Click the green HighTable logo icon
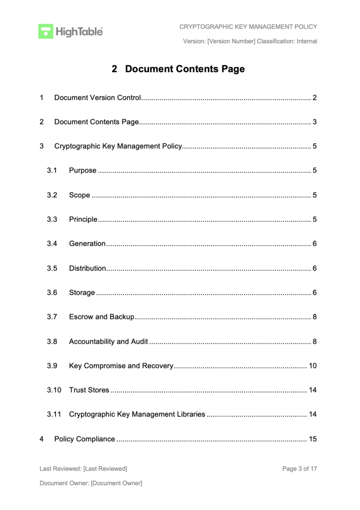click(45, 31)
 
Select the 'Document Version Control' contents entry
click(97, 98)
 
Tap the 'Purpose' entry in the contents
click(82, 170)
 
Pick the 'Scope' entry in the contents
click(79, 195)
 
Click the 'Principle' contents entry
click(83, 219)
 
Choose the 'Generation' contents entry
click(87, 244)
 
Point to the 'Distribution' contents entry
click(87, 268)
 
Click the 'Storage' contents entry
click(82, 293)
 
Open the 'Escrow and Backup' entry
click(102, 317)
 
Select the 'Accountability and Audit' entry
click(108, 342)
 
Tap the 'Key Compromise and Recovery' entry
click(121, 366)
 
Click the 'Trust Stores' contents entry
click(89, 390)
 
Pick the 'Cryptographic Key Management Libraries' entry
click(137, 415)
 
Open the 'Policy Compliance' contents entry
click(84, 439)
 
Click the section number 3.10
click(54, 390)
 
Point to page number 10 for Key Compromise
click(313, 366)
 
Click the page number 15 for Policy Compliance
click(313, 439)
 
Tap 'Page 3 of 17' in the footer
click(300, 468)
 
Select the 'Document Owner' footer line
click(91, 483)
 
